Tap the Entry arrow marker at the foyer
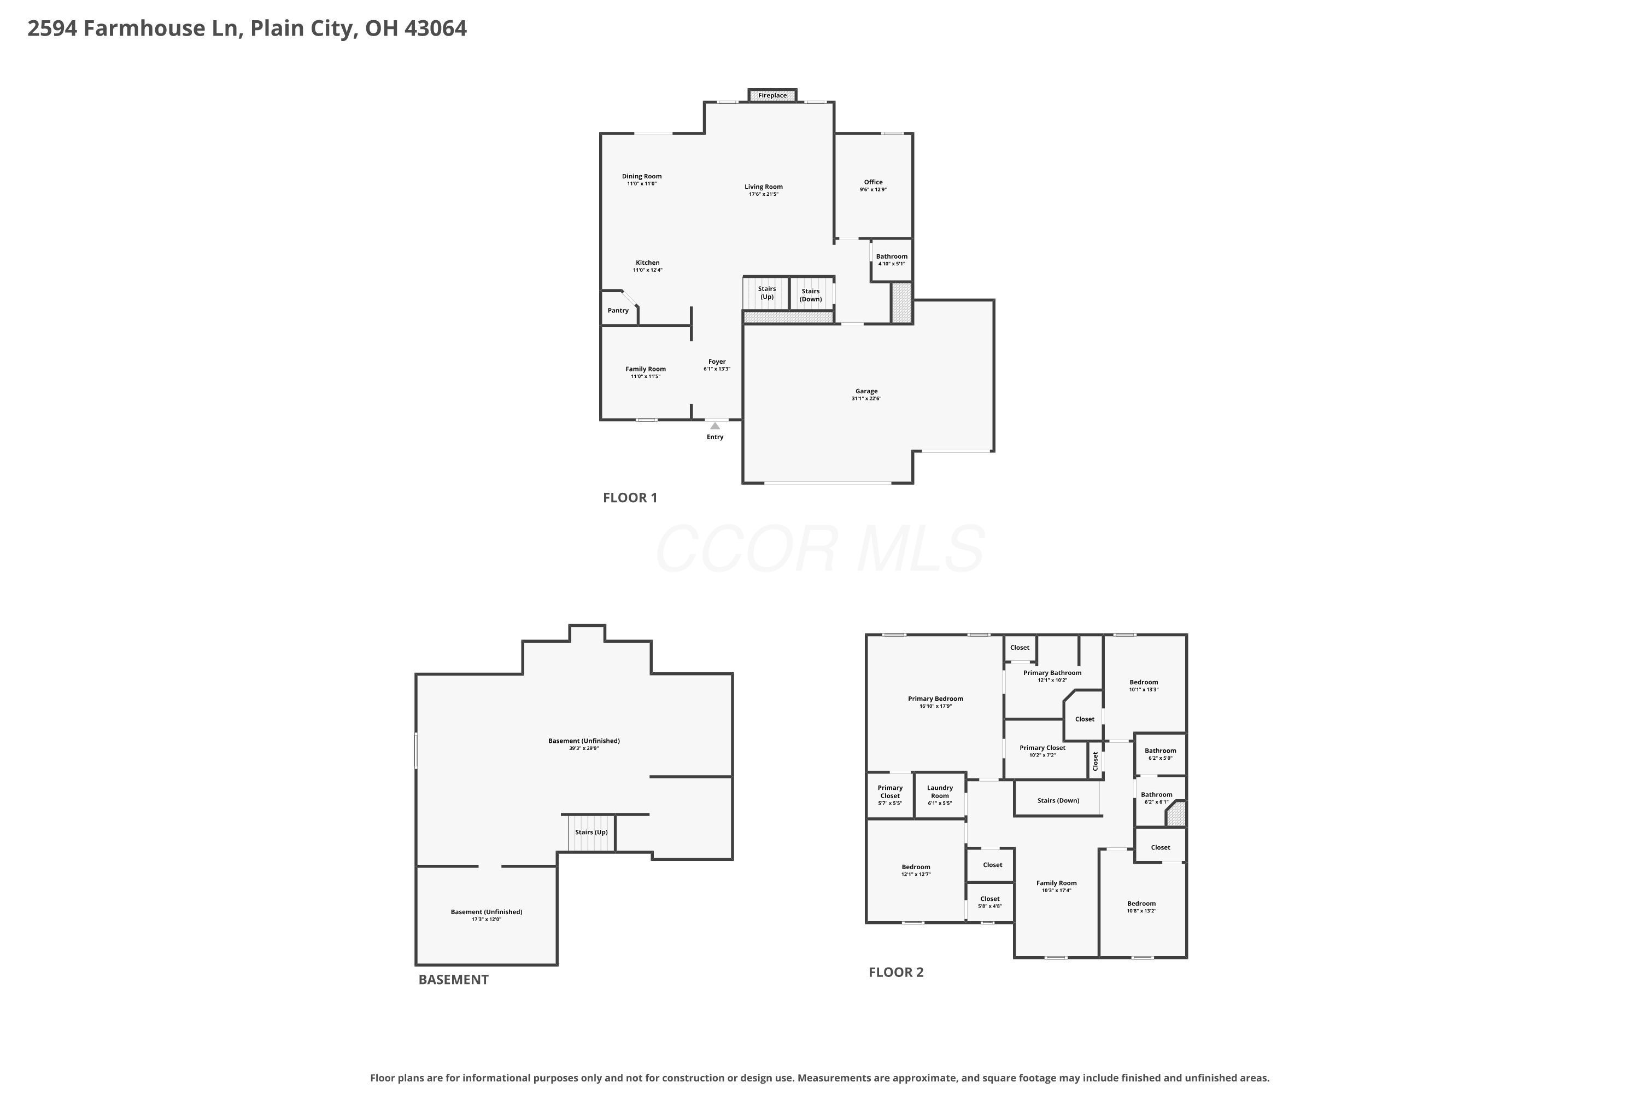tap(714, 426)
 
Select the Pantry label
tap(618, 311)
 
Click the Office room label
tap(873, 182)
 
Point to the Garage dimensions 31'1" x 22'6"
tap(866, 398)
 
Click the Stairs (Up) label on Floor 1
tap(767, 292)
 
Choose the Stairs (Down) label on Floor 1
tap(810, 295)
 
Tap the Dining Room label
tap(641, 177)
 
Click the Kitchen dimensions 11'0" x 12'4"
tap(647, 270)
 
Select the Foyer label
tap(717, 362)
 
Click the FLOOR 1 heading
tap(630, 497)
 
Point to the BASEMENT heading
tap(453, 980)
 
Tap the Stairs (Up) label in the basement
tap(591, 833)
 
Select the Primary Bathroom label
tap(1052, 673)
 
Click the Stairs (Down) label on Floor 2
tap(1058, 800)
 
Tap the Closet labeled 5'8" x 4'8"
tap(989, 902)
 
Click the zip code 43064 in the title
tap(435, 28)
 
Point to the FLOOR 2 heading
tap(896, 972)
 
